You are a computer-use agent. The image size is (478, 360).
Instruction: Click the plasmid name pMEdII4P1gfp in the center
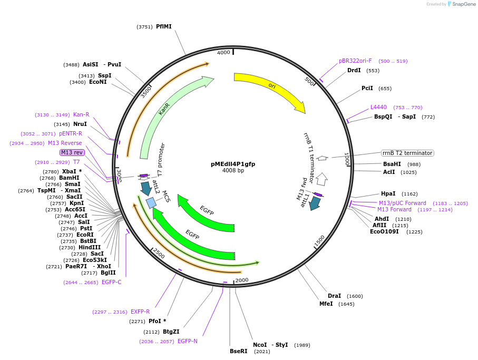pyautogui.click(x=233, y=164)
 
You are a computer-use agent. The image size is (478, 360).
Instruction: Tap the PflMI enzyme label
pyautogui.click(x=163, y=26)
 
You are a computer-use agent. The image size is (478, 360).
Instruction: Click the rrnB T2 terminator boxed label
pyautogui.click(x=407, y=153)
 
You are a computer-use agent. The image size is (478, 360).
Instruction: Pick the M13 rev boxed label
pyautogui.click(x=72, y=152)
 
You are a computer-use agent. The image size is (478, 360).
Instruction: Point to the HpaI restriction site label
pyautogui.click(x=388, y=193)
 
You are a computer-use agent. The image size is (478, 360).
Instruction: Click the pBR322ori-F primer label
pyautogui.click(x=355, y=61)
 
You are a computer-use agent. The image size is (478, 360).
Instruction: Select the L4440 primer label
pyautogui.click(x=378, y=107)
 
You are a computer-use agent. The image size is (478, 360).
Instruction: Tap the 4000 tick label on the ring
pyautogui.click(x=223, y=53)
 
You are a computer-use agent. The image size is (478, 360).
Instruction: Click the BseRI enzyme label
pyautogui.click(x=238, y=351)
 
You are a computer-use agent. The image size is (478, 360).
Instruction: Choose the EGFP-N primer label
pyautogui.click(x=188, y=341)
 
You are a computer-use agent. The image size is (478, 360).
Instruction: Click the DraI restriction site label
pyautogui.click(x=334, y=296)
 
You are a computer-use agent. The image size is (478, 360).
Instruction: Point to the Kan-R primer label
pyautogui.click(x=81, y=114)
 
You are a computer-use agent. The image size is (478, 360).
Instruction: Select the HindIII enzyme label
pyautogui.click(x=90, y=247)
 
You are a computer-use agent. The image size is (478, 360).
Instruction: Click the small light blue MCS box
pyautogui.click(x=151, y=203)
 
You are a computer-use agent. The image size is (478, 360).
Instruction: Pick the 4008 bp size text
pyautogui.click(x=233, y=171)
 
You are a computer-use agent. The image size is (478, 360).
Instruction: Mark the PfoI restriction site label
pyautogui.click(x=157, y=321)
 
